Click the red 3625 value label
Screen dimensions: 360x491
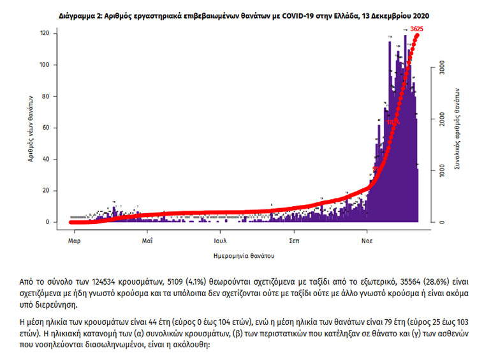[x=418, y=29]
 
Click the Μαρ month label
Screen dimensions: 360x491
[x=74, y=241]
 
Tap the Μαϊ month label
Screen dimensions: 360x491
[x=147, y=241]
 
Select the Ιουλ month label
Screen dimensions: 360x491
[x=221, y=241]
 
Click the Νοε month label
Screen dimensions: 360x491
[x=367, y=241]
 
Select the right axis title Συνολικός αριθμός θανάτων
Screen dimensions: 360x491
[x=457, y=128]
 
